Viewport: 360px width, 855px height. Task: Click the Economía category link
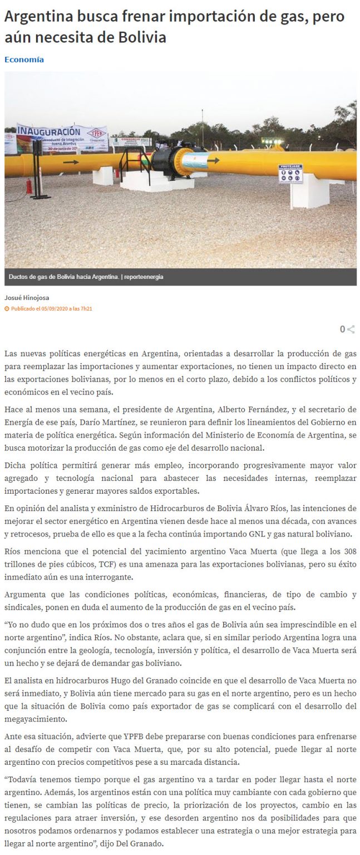click(24, 60)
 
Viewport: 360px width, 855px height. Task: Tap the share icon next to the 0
click(351, 330)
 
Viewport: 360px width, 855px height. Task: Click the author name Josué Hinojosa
click(26, 298)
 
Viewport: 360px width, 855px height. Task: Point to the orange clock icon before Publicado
click(7, 308)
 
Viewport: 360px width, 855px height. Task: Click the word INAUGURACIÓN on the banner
click(49, 132)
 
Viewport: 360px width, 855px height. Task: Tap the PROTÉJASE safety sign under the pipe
click(290, 174)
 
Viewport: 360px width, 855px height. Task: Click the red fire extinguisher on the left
click(29, 185)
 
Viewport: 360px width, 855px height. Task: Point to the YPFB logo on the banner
click(96, 134)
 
